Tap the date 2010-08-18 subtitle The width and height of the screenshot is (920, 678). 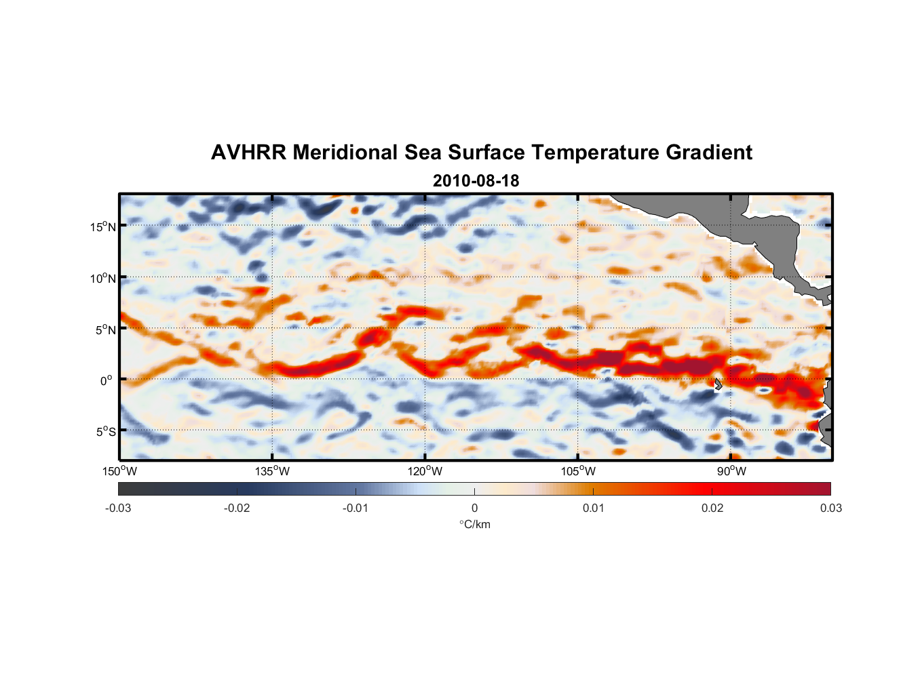tap(476, 181)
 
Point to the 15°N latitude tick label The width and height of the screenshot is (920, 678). tap(103, 226)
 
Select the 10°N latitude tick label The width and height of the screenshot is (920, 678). tap(103, 278)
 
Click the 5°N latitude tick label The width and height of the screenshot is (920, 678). tap(105, 330)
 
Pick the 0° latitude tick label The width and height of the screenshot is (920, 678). tap(107, 380)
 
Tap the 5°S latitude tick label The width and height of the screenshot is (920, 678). tap(105, 432)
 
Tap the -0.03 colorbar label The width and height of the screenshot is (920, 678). tap(118, 509)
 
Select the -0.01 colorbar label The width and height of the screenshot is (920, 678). tap(356, 509)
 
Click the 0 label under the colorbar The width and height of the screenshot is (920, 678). tap(474, 509)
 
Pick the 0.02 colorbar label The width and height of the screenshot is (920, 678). tap(712, 509)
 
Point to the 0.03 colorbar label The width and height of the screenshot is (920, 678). tap(830, 509)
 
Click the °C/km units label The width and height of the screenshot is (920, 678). tap(474, 524)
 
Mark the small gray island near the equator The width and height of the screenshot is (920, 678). tap(718, 384)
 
